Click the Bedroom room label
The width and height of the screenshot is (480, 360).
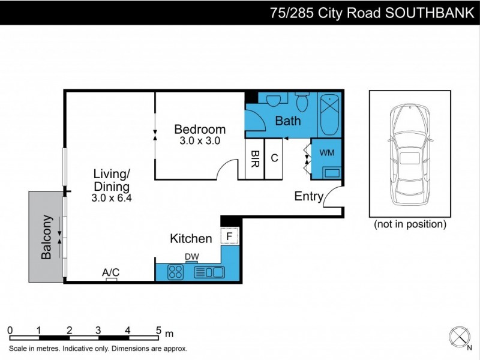point(200,129)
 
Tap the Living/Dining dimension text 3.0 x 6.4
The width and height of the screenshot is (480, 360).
point(112,197)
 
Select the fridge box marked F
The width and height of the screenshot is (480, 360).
point(230,236)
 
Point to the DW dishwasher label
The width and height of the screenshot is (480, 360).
point(191,257)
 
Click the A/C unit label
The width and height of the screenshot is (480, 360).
point(110,272)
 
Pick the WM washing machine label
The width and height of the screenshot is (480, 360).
point(327,152)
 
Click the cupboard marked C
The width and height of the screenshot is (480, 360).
point(274,158)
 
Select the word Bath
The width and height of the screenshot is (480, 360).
point(287,121)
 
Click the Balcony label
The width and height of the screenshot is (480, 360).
point(46,238)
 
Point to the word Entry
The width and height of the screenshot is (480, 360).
point(308,197)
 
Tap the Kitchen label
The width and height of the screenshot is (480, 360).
point(191,239)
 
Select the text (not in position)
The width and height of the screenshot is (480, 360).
point(410,224)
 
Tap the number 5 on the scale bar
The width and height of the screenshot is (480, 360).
point(158,330)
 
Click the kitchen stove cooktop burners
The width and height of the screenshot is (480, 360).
point(175,272)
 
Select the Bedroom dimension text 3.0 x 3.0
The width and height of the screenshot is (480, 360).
point(200,142)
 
